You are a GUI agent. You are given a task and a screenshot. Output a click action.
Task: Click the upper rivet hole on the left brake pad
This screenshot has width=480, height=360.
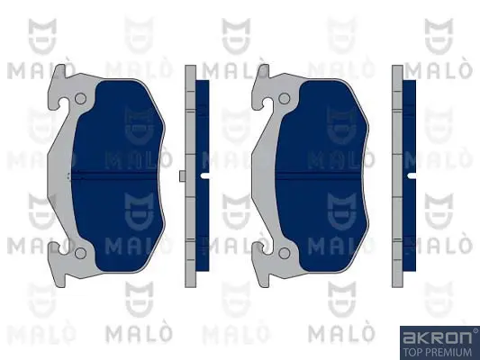[x=80, y=98]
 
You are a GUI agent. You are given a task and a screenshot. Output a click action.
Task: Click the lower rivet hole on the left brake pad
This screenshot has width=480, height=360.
[x=80, y=253]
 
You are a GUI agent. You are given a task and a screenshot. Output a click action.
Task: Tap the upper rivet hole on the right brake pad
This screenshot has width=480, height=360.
[x=285, y=98]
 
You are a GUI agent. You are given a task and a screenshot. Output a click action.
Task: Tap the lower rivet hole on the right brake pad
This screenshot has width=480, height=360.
[x=285, y=253]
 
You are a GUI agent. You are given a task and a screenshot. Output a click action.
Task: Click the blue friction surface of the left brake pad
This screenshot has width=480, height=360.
[x=118, y=175]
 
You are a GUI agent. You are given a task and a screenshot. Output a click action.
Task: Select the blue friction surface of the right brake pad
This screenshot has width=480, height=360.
[x=322, y=175]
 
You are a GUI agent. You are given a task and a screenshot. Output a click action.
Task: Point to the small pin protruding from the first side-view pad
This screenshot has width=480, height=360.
[x=182, y=175]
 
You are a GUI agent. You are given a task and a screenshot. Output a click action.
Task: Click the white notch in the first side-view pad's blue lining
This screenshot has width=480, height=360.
[x=204, y=175]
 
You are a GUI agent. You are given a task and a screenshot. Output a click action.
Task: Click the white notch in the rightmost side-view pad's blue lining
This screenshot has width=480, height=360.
[x=412, y=175]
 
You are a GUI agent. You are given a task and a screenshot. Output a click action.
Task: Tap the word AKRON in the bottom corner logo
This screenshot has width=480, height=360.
[x=437, y=338]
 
